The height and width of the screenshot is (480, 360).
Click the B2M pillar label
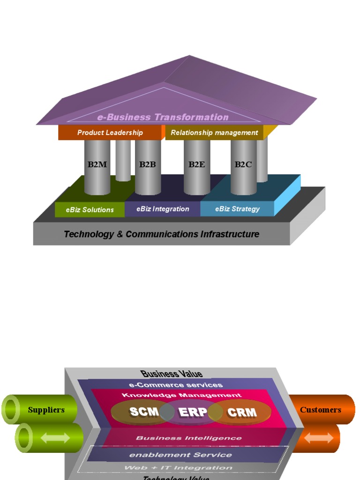pos(97,165)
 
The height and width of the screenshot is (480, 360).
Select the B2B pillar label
pos(147,165)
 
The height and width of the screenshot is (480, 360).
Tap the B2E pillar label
pos(196,165)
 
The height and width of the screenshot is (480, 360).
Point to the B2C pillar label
pos(243,165)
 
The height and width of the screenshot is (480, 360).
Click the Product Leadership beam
pos(110,133)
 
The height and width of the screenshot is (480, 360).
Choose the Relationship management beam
pos(214,133)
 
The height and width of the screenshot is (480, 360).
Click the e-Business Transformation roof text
pos(163,117)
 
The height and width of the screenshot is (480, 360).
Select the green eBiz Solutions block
pos(90,210)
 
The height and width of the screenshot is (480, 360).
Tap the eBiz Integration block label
pos(163,209)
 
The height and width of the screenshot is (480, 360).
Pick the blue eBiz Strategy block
pos(237,209)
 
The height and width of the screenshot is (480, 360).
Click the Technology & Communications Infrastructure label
pos(161,234)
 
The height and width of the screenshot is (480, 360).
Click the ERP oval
pos(192,412)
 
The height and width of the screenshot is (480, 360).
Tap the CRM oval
pos(242,412)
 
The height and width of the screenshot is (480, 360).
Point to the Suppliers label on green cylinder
pos(46,410)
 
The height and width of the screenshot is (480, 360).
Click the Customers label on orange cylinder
pos(321,410)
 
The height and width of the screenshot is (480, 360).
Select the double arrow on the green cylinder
pos(55,438)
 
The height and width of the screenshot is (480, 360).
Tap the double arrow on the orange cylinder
pos(319,438)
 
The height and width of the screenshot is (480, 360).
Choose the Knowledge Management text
pos(182,395)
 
